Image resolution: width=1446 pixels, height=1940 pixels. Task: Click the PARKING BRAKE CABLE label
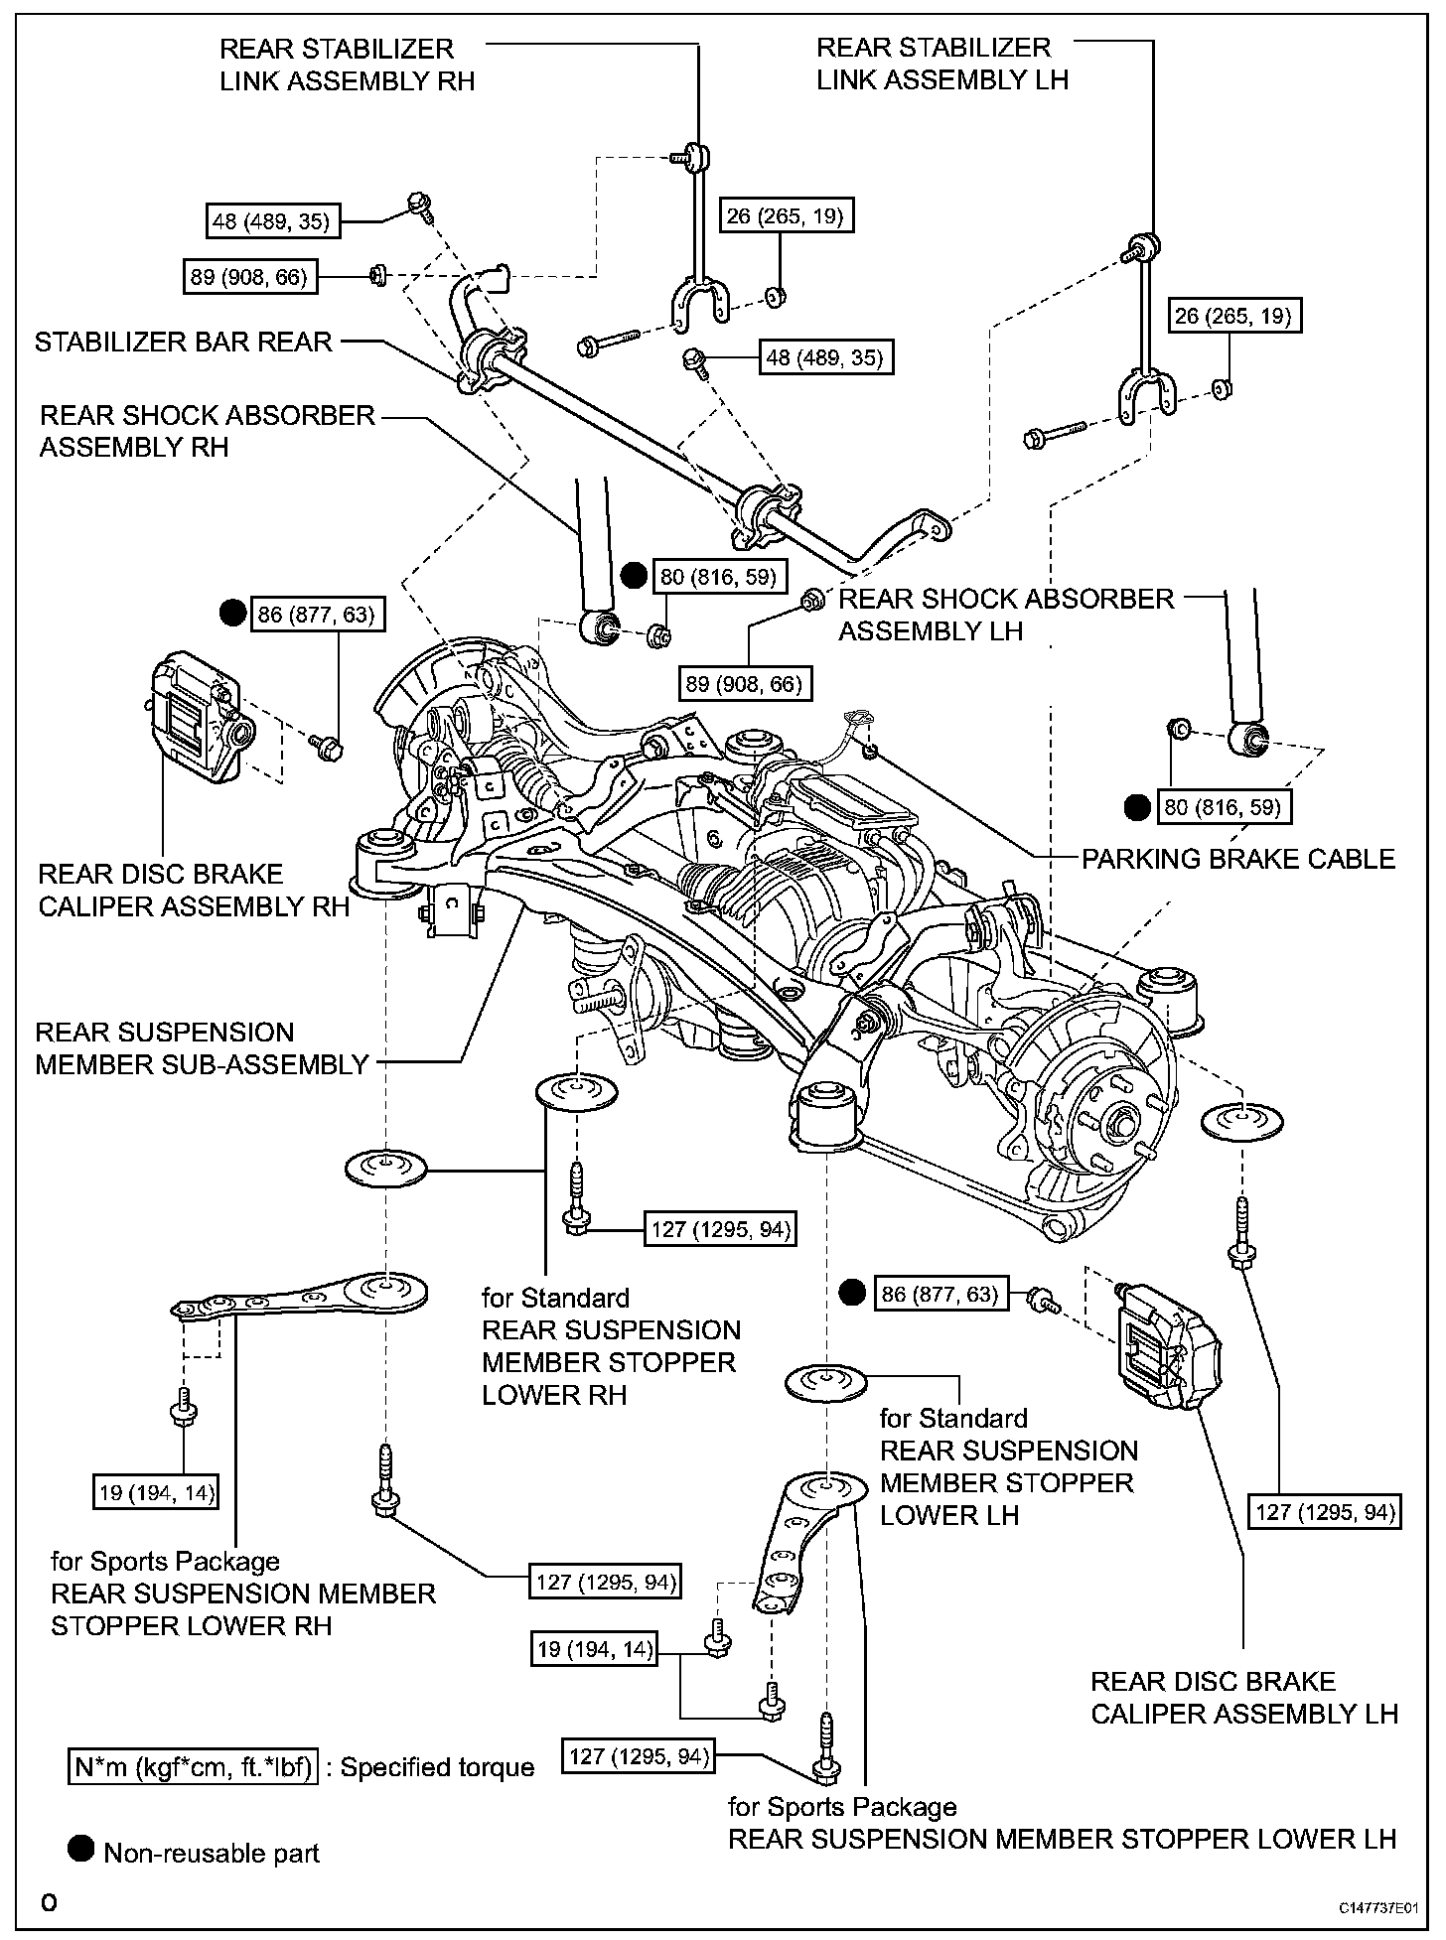(1238, 859)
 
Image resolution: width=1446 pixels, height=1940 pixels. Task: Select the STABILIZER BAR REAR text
(183, 343)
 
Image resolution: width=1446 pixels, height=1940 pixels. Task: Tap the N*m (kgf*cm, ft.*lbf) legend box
(193, 1767)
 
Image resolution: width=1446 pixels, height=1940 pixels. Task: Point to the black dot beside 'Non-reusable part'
(81, 1849)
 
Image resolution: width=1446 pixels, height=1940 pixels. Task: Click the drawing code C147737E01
(1376, 1908)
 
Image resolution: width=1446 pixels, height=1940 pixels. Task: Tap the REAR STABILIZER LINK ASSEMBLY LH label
(941, 64)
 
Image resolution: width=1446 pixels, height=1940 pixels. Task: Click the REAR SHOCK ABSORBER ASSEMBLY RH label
(207, 431)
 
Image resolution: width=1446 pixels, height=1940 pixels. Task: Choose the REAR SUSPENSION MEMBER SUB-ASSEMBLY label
(202, 1048)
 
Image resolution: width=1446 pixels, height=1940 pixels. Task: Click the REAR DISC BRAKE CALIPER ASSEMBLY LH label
(1243, 1698)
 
